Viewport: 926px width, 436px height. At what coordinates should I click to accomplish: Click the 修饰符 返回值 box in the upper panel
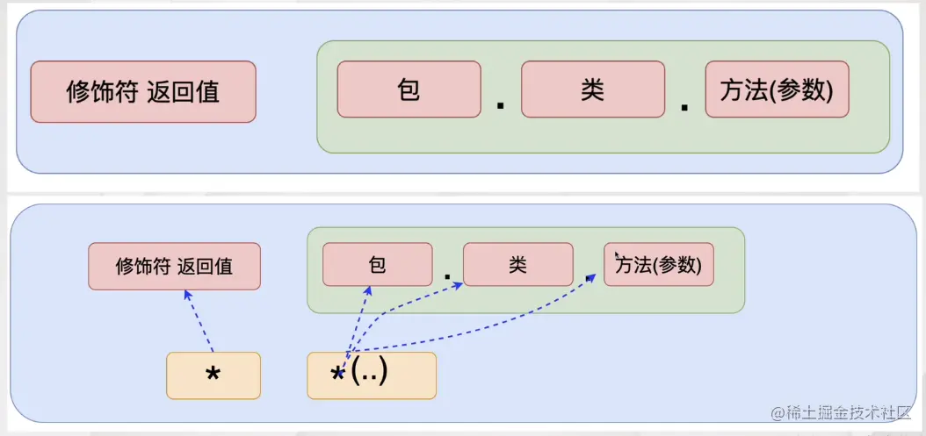pos(143,91)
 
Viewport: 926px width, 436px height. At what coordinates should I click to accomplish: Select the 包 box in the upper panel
pos(409,89)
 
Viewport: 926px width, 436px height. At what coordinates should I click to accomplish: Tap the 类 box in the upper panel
pos(592,89)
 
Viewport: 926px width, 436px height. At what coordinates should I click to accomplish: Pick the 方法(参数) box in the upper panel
pos(777,89)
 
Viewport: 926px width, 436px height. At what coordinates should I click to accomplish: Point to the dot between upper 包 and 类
pos(501,105)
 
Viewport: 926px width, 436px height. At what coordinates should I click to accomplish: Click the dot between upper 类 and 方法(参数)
pos(684,105)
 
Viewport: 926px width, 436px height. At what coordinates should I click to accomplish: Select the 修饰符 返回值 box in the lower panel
pos(174,266)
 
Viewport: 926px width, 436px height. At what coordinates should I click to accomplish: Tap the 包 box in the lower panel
pos(377,265)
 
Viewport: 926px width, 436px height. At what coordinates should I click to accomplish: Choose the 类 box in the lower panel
pos(517,265)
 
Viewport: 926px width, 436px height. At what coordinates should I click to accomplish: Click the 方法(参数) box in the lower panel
pos(659,265)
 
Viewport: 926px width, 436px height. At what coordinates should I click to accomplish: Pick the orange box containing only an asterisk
pos(213,375)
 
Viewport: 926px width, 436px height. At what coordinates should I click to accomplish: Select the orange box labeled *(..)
pos(371,375)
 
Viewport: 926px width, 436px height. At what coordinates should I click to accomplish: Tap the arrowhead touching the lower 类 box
pos(458,282)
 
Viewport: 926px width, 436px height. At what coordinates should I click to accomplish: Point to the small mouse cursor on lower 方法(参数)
pos(618,255)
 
